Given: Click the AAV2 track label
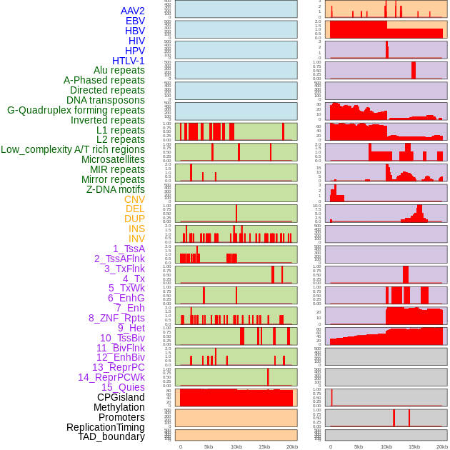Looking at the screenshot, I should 132,11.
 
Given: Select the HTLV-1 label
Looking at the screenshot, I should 129,61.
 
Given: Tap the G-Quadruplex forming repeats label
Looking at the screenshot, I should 76,110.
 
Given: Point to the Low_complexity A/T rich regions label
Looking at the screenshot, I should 73,149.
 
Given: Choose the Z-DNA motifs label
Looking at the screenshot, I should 116,189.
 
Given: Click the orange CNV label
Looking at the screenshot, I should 134,199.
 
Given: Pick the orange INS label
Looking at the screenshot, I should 136,229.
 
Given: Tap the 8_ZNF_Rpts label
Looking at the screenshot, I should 116,318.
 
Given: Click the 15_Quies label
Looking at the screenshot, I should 123,387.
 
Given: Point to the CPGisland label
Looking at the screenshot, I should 121,397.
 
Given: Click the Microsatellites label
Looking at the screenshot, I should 113,159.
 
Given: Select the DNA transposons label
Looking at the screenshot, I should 106,100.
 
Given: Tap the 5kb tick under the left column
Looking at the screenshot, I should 209,446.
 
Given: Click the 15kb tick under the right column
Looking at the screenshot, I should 414,446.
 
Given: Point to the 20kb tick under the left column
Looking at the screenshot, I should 291,446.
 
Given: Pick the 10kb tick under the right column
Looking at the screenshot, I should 386,446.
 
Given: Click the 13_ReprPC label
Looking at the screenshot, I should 118,367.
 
